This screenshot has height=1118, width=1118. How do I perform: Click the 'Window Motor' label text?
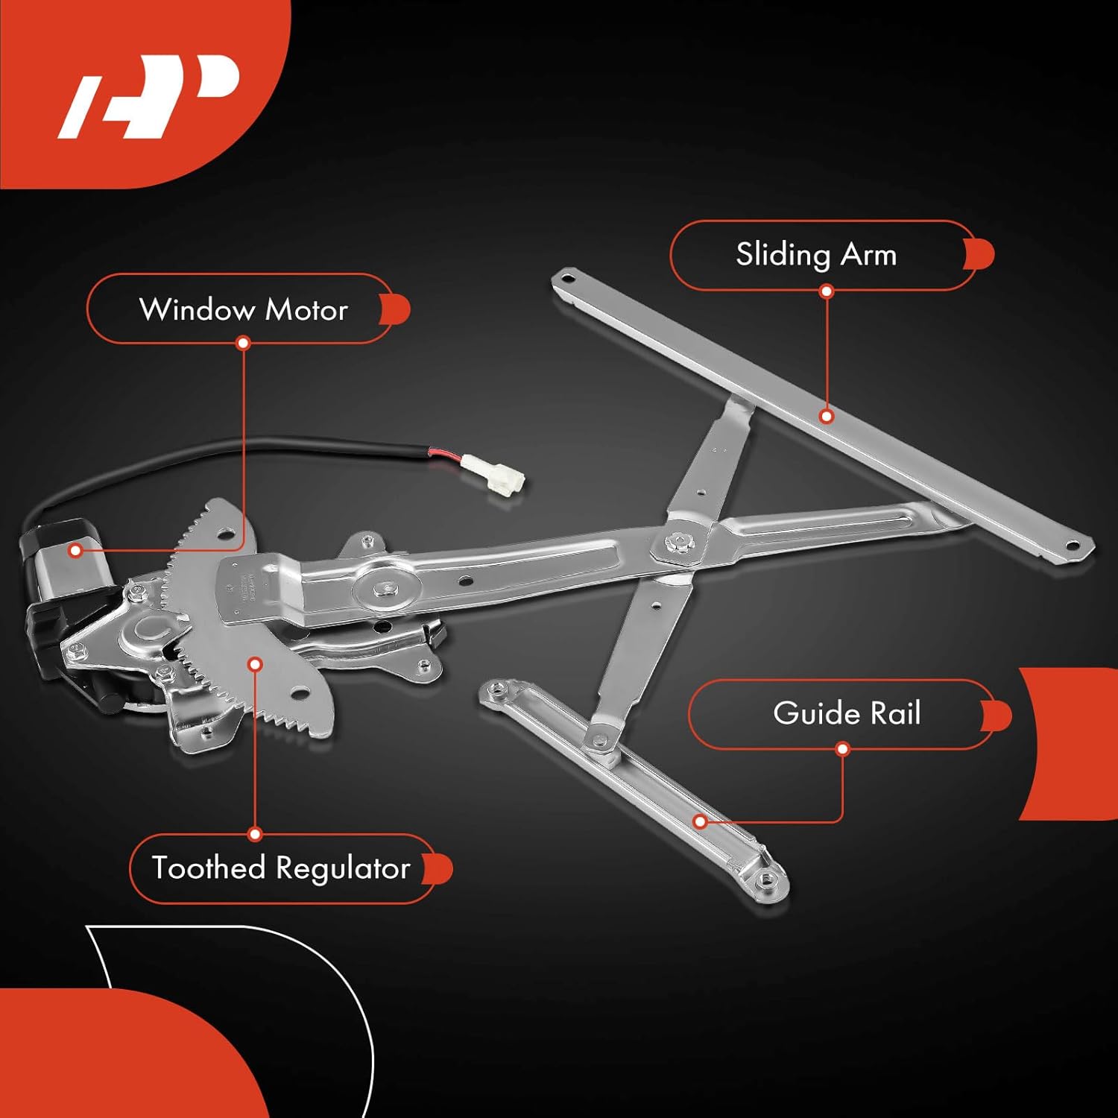pyautogui.click(x=243, y=309)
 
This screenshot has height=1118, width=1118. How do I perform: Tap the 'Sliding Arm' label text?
pyautogui.click(x=815, y=255)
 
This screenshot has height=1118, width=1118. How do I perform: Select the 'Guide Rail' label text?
pyautogui.click(x=847, y=713)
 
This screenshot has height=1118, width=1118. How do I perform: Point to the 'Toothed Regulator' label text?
pyautogui.click(x=281, y=868)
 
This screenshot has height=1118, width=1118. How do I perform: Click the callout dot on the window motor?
pyautogui.click(x=75, y=551)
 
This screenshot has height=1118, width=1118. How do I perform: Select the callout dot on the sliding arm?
pyautogui.click(x=826, y=416)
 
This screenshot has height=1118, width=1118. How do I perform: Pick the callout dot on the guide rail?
pyautogui.click(x=700, y=822)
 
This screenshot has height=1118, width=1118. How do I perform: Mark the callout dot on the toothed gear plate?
pyautogui.click(x=256, y=663)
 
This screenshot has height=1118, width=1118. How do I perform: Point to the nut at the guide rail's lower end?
pyautogui.click(x=768, y=880)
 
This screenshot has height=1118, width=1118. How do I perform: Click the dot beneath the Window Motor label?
pyautogui.click(x=243, y=343)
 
